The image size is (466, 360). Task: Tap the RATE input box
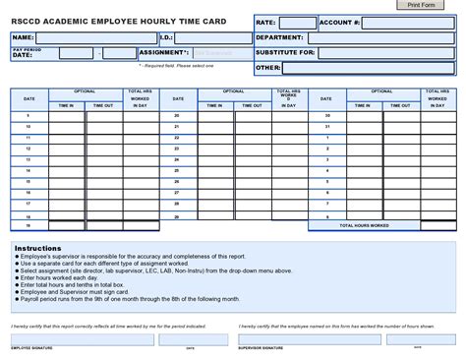[x=297, y=23]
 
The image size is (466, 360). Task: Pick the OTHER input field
[x=368, y=69]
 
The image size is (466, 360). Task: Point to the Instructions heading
[x=38, y=248]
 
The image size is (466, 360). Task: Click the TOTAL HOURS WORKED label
[x=364, y=225]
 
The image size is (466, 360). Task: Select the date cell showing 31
[x=327, y=126]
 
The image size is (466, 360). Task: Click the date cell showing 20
[x=177, y=115]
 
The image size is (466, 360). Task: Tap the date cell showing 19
[x=29, y=225]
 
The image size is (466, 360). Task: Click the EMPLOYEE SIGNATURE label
[x=32, y=347]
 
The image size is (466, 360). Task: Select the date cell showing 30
[x=327, y=115]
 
